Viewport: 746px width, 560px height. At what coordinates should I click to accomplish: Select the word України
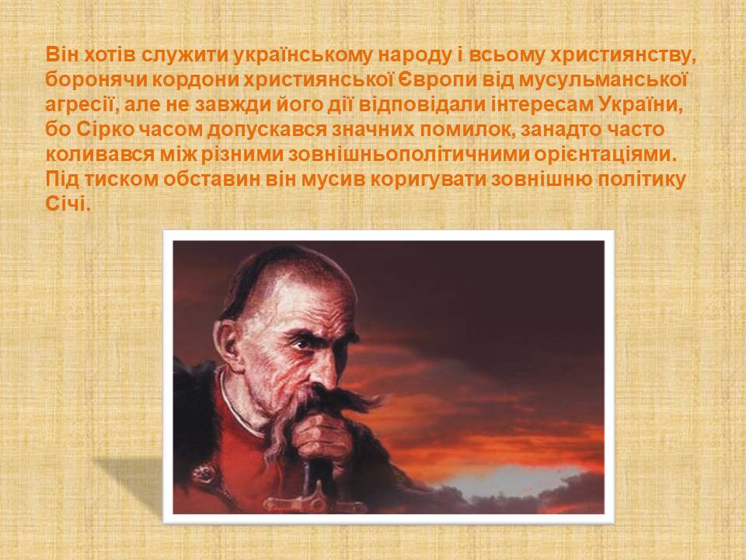click(640, 105)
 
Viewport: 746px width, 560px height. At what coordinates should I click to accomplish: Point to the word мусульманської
click(602, 80)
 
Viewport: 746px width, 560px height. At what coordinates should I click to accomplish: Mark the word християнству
click(622, 55)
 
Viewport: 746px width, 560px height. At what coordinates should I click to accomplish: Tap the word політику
click(640, 180)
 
